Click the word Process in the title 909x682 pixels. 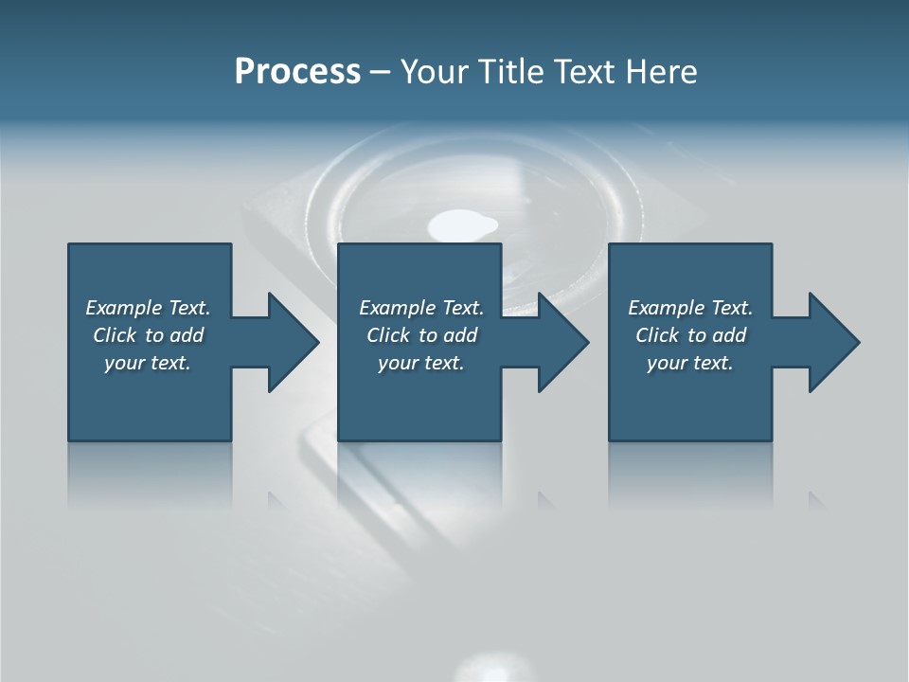(x=297, y=72)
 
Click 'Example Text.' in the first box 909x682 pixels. (x=148, y=308)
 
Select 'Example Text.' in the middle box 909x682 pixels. (x=421, y=308)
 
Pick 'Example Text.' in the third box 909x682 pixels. (x=690, y=308)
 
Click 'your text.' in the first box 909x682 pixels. (x=148, y=363)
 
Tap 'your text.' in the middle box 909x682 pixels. (x=421, y=363)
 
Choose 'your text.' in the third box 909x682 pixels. (x=690, y=363)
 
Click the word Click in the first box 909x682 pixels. (x=115, y=335)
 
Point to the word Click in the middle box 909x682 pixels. (x=388, y=335)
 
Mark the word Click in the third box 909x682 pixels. (x=657, y=335)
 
